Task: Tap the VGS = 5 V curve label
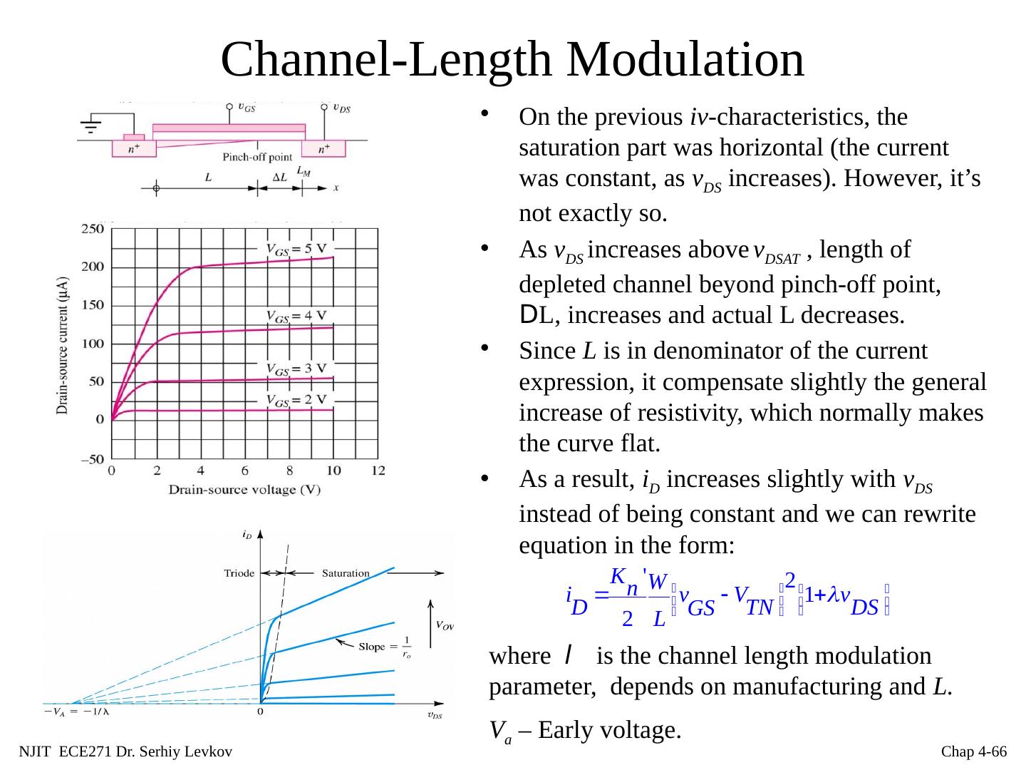299,249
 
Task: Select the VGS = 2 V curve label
299,399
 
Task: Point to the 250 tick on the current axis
93,229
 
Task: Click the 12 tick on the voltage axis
378,471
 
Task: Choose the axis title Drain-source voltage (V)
244,490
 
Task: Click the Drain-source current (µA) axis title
63,346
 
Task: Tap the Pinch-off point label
257,158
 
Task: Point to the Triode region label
239,573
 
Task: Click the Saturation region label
346,573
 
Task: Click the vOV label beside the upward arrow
444,626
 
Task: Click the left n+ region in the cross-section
133,149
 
